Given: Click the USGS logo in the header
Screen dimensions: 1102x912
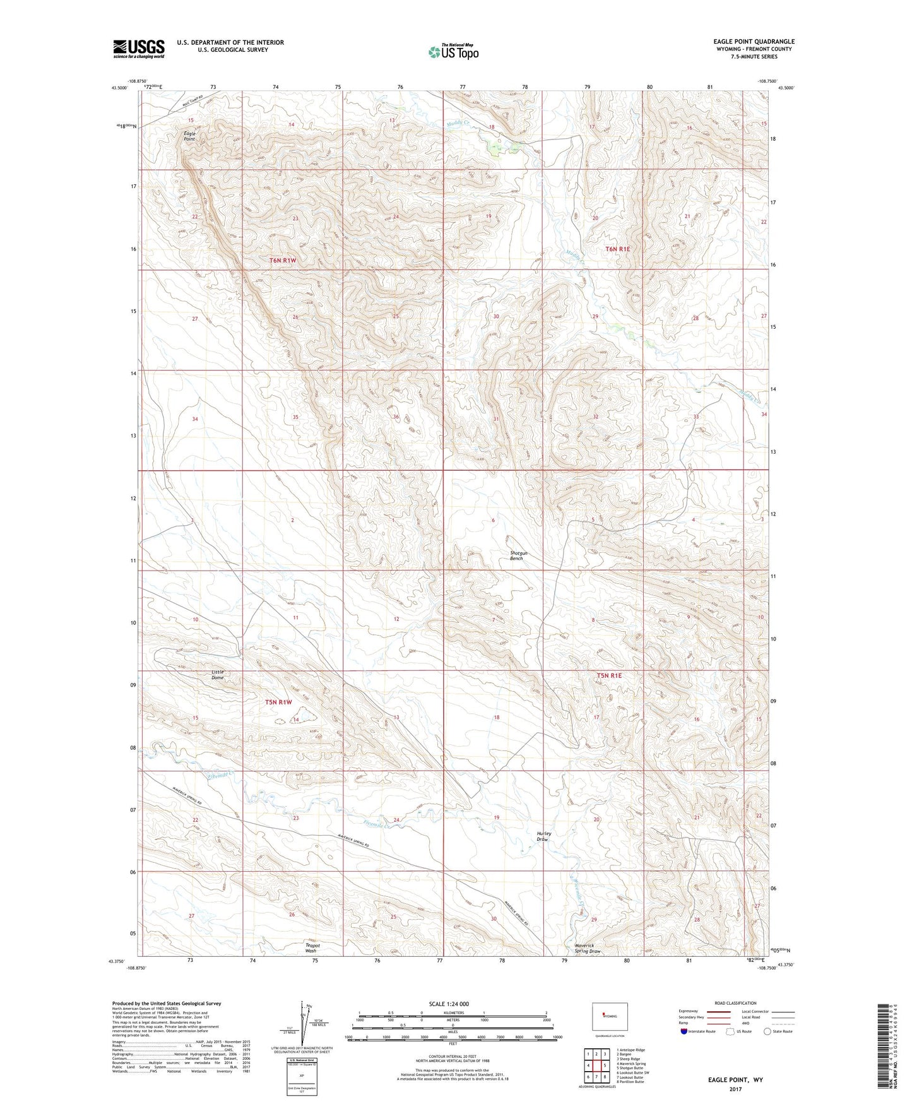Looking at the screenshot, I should (139, 49).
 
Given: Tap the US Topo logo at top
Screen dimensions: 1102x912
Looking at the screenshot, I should (452, 52).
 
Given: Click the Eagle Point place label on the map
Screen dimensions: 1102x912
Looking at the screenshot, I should (190, 136).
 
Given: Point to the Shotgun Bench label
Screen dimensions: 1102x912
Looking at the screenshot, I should (518, 555).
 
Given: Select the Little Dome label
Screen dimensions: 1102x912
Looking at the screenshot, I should (218, 675).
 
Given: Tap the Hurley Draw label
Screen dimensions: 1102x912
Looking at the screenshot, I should (543, 836).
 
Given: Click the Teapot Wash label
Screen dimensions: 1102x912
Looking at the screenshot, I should (312, 948).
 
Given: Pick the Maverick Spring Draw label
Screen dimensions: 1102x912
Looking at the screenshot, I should (587, 948).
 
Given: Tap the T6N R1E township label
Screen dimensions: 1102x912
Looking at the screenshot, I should (618, 249).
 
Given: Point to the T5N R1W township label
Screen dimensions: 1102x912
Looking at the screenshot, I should (279, 702).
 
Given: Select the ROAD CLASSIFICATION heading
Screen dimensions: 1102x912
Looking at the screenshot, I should (735, 1003).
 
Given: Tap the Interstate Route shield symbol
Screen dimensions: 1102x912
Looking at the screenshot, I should (685, 1031).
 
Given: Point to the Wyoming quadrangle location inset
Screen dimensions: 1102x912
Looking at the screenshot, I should (609, 1017).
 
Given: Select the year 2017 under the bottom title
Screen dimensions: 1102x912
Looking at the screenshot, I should (735, 1089).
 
